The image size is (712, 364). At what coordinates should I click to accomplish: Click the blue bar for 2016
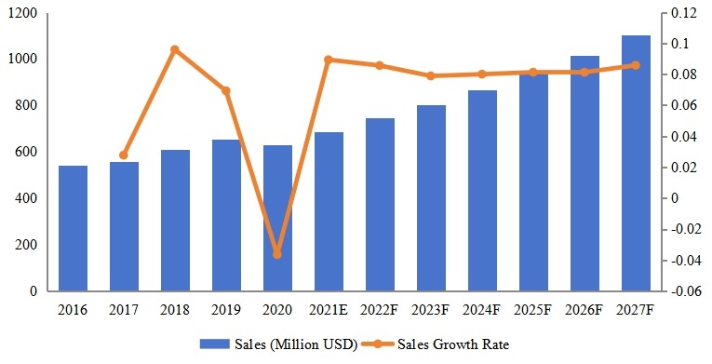(x=73, y=228)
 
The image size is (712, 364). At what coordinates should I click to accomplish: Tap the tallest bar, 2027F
(x=636, y=163)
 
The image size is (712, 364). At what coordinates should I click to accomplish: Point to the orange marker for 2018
(x=175, y=49)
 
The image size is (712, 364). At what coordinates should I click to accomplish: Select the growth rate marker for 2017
(x=124, y=155)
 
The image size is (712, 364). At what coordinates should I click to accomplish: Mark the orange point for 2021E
(x=329, y=60)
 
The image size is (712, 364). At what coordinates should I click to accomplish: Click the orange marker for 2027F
(x=636, y=65)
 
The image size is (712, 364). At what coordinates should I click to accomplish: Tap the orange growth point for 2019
(x=226, y=90)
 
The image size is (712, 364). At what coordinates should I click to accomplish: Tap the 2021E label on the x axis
(x=329, y=308)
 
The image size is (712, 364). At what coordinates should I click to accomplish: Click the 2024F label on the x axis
(x=482, y=308)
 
